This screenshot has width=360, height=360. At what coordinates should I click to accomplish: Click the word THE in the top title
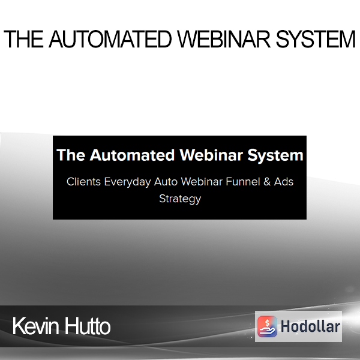[x=23, y=39]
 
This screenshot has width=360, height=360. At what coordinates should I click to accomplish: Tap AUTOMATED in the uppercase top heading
[x=110, y=39]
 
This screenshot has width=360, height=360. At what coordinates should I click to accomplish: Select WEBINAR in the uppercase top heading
[x=224, y=39]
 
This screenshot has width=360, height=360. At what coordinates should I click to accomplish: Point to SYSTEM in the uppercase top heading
[x=316, y=39]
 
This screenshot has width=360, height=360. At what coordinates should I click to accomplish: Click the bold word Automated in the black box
[x=132, y=155]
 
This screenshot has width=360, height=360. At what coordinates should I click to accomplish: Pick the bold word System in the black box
[x=275, y=156]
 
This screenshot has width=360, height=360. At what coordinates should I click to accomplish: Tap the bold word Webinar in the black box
[x=211, y=155]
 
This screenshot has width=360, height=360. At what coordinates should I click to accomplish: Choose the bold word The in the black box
[x=71, y=155]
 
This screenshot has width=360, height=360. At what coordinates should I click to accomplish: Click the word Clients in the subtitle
[x=83, y=182]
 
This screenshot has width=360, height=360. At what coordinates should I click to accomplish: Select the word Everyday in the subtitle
[x=128, y=182]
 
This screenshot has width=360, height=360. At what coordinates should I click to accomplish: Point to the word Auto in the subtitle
[x=166, y=182]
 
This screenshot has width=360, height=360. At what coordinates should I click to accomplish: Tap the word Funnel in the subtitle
[x=243, y=182]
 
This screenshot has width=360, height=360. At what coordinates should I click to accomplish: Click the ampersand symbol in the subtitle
[x=267, y=182]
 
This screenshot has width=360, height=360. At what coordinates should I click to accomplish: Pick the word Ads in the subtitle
[x=284, y=182]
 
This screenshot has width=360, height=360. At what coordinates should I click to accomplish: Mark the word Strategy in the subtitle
[x=180, y=199]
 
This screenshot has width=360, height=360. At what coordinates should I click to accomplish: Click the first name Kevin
[x=35, y=326]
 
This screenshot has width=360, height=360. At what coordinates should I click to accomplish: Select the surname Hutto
[x=87, y=326]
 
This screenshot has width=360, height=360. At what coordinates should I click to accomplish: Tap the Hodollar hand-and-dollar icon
[x=267, y=326]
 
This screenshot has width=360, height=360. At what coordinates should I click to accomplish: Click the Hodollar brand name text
[x=310, y=326]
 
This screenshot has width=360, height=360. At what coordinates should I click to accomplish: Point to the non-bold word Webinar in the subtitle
[x=202, y=182]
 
